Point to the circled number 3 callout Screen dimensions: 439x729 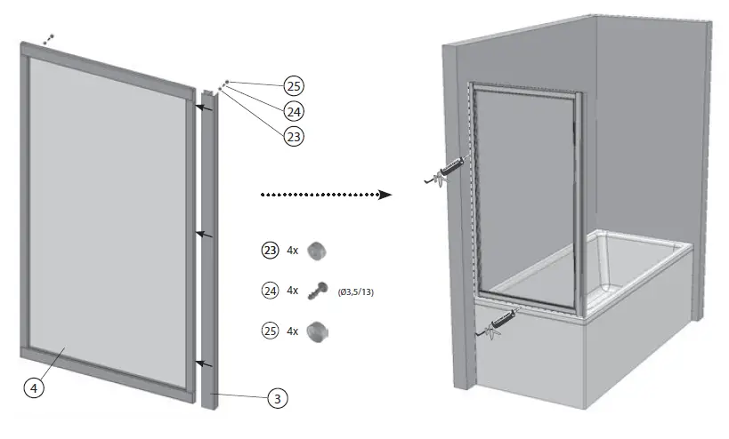278,398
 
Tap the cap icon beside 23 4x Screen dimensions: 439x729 317,251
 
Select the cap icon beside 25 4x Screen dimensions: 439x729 317,331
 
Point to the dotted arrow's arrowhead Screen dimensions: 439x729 385,195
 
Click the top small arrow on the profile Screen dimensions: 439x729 206,108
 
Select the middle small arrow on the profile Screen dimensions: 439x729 206,234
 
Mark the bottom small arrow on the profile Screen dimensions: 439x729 206,363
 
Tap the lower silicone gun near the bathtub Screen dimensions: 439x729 498,322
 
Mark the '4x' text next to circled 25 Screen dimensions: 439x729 293,331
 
